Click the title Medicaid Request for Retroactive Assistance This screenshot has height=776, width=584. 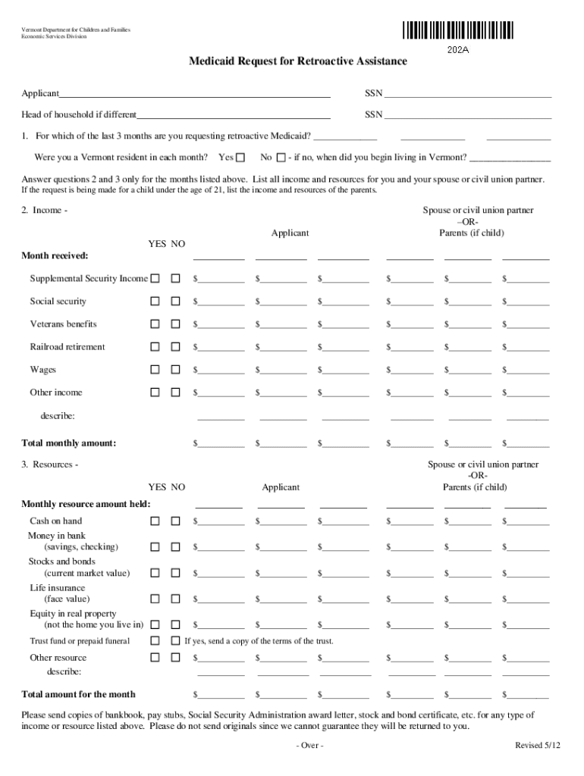point(297,61)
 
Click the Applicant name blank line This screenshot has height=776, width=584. point(195,94)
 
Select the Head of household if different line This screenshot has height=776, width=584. point(234,115)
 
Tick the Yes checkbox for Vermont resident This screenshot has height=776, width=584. point(240,158)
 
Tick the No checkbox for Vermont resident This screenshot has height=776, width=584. point(281,158)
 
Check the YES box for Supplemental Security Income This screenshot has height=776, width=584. point(155,279)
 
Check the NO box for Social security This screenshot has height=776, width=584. point(175,302)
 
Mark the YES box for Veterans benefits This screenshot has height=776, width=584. point(155,324)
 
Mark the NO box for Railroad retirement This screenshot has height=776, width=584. point(175,347)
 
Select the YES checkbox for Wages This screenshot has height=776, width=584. point(155,370)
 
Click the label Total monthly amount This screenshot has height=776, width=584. point(68,443)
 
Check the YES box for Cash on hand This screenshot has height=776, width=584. point(155,521)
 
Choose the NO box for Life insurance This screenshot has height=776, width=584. point(175,599)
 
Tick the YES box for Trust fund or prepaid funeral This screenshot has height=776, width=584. point(155,641)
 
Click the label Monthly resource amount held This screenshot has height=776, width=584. point(86,504)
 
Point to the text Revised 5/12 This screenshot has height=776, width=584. point(538,746)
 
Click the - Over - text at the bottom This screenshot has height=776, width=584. point(309,746)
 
